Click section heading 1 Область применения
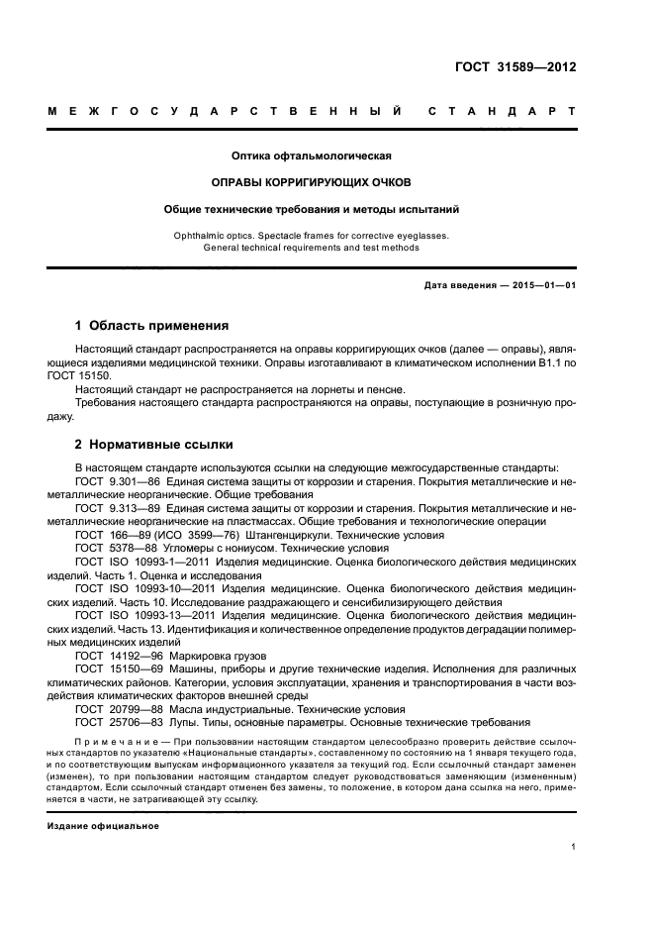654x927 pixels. point(152,325)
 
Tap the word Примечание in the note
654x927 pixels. point(118,742)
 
